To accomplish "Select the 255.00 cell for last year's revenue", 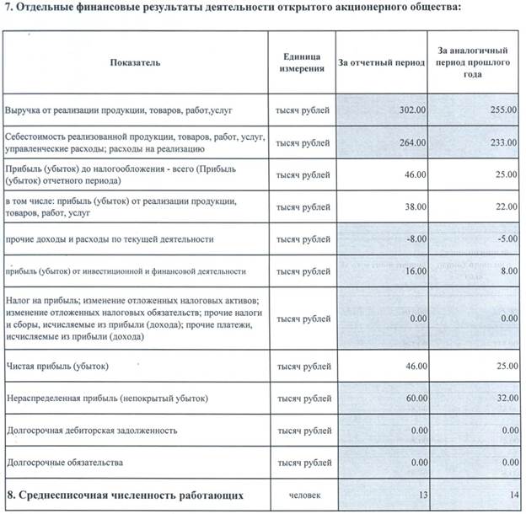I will click(x=501, y=110).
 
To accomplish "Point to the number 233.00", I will click(x=501, y=142).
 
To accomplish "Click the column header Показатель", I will click(x=135, y=63).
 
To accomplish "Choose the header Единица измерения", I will click(x=303, y=63).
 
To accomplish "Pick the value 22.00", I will click(x=503, y=206).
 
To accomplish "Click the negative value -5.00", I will click(x=504, y=239).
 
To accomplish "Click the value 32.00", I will click(x=503, y=398).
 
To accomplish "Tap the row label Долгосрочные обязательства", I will click(x=65, y=463).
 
